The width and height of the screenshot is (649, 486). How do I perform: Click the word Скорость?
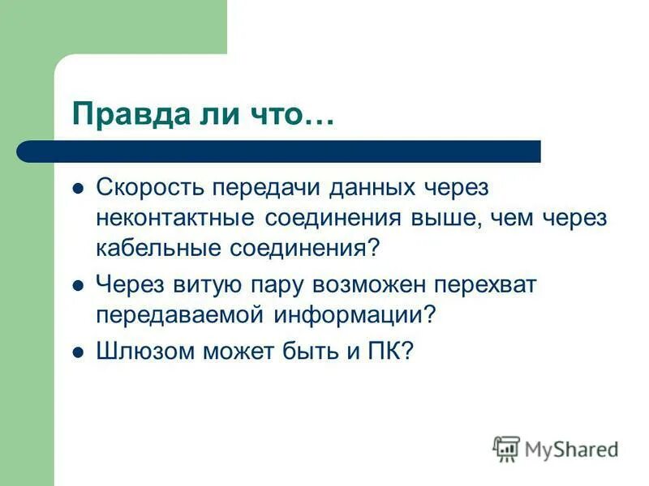[x=152, y=188]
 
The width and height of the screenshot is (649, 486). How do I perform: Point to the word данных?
[x=372, y=188]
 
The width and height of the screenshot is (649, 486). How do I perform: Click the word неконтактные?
[x=175, y=218]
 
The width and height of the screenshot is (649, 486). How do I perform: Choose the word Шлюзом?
[x=143, y=352]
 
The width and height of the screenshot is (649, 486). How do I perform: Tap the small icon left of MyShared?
[x=506, y=449]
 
